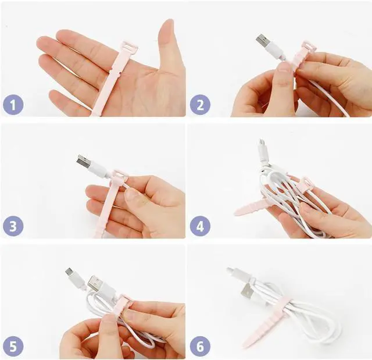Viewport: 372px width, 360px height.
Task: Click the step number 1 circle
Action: pos(13,105)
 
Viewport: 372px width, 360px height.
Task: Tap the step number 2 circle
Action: pos(200,105)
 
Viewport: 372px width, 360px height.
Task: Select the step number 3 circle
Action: pos(13,226)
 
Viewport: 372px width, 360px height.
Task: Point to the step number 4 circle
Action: pos(200,226)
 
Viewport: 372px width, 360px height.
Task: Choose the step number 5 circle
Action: pos(13,346)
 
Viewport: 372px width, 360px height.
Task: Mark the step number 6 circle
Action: pos(200,346)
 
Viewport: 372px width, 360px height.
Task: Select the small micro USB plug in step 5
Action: pos(70,272)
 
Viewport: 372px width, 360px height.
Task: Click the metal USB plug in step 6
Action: pos(246,290)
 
